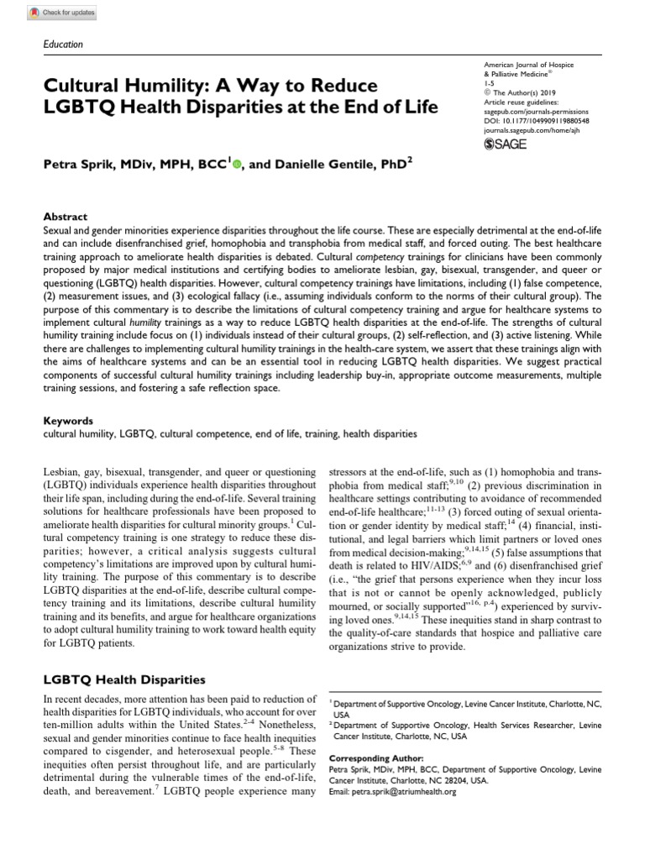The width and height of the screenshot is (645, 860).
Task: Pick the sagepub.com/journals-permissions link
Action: click(x=537, y=111)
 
